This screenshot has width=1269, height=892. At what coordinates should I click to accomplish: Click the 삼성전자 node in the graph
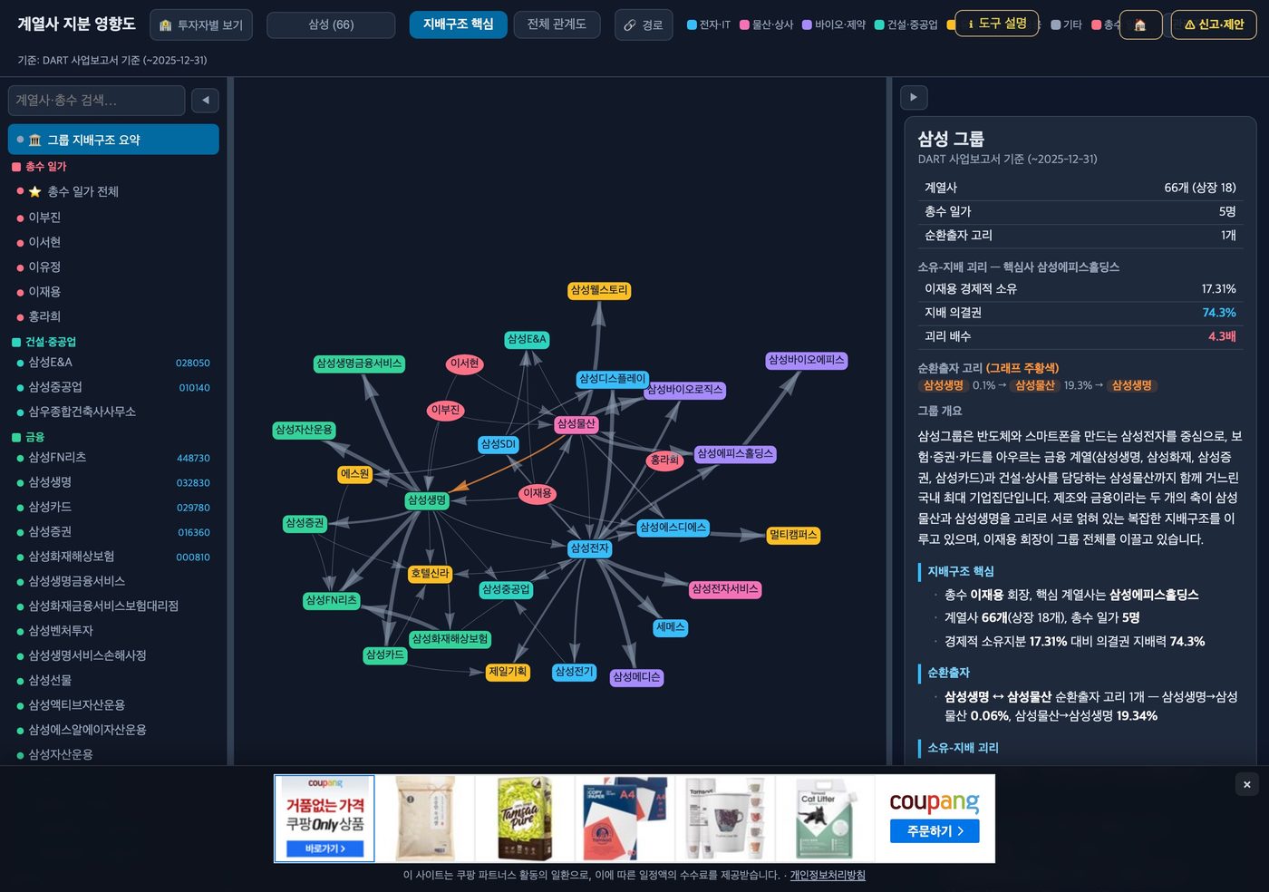coord(589,548)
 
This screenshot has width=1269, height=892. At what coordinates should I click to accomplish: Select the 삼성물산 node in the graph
coord(576,424)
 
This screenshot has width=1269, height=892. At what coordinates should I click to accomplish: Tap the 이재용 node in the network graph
coord(537,493)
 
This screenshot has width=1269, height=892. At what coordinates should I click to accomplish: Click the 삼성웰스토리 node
coord(599,290)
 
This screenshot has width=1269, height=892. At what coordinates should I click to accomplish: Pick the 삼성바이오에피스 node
coord(806,360)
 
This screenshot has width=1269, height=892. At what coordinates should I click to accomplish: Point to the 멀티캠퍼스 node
coord(792,535)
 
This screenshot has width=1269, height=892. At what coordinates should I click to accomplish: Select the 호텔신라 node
coord(430,574)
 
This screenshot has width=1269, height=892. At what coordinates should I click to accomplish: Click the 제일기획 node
coord(508,672)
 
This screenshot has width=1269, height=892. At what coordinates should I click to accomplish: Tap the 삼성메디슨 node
coord(636,676)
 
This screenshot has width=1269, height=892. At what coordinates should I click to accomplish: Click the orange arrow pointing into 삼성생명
coord(509,463)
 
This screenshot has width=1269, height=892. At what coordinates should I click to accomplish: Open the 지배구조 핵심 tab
coord(458,24)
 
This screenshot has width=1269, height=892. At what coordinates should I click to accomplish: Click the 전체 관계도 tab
coord(557,24)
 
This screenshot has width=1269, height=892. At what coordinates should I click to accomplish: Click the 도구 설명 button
coord(996,24)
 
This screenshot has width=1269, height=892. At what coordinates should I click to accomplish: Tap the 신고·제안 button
coord(1213,24)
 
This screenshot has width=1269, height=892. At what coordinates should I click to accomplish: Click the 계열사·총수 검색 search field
coord(96,101)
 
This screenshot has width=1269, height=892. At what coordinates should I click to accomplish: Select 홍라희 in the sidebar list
coord(44,316)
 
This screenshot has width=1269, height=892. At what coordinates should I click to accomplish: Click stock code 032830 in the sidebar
coord(192,483)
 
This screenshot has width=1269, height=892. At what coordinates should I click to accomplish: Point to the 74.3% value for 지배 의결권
coord(1218,313)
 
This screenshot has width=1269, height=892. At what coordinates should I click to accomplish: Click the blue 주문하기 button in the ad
coord(935,830)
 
